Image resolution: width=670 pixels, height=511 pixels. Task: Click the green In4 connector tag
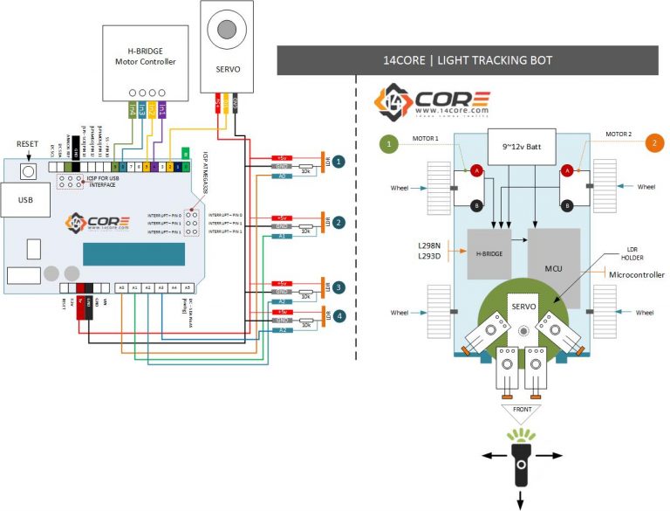[132, 110]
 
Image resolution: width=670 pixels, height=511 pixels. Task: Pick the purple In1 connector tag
[162, 110]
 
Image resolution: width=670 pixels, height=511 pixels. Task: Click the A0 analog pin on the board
[122, 287]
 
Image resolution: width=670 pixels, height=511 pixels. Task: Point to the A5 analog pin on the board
[187, 287]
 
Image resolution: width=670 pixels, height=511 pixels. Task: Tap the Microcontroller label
[635, 275]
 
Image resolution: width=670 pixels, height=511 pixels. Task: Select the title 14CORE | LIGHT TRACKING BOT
[468, 60]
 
